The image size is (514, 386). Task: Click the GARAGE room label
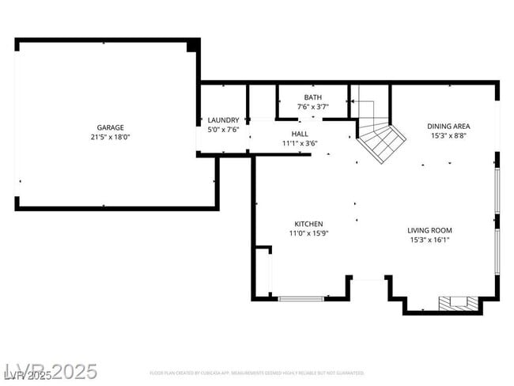110,127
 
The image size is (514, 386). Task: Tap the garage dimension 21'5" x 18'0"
110,137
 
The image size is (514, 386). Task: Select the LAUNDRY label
223,120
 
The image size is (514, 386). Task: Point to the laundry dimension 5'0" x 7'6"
223,129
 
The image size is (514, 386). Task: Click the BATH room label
313,97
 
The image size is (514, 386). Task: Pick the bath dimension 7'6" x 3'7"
313,106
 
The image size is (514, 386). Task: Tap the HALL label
300,134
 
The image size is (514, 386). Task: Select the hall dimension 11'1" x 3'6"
300,143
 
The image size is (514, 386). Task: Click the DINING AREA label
449,126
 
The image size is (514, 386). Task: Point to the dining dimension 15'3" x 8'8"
449,135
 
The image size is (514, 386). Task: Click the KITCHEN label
308,224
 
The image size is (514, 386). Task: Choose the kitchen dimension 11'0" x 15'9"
308,233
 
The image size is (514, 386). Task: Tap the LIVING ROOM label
429,230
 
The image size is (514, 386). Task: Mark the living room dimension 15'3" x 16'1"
429,240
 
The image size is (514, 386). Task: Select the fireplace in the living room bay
459,302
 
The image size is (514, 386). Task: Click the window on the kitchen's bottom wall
301,298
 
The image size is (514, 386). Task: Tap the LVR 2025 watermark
51,371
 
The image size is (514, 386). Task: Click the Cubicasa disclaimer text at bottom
257,373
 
